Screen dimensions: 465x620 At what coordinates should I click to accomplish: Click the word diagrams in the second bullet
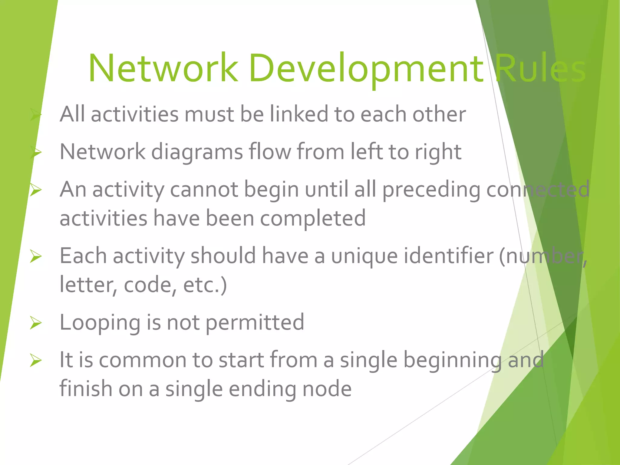197,151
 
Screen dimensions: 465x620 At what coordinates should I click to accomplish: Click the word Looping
100,323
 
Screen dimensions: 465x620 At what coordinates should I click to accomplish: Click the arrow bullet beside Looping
36,323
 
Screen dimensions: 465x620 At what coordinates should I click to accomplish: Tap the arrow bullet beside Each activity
36,256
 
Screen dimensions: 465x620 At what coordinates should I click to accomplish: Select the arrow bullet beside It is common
36,360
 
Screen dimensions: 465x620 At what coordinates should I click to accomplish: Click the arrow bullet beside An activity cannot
36,190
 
